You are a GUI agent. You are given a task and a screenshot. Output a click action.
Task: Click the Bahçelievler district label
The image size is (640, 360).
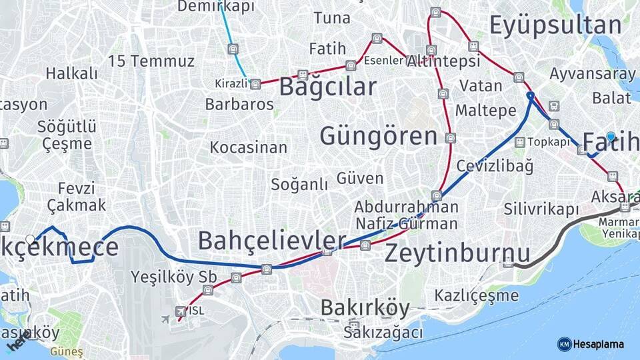pos(272,241)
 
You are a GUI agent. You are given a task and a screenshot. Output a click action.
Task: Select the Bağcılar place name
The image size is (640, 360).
pos(327,87)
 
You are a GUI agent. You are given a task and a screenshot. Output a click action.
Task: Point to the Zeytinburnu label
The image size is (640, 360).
pos(457,253)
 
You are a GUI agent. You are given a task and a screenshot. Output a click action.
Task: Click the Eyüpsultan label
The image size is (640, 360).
pos(555,25)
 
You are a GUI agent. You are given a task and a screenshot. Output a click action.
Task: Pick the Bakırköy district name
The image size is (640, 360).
pos(365,307)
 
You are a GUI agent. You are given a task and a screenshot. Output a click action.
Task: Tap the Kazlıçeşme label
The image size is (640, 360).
pos(476,295)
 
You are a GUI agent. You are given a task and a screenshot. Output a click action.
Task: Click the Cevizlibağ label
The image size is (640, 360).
pos(495,166)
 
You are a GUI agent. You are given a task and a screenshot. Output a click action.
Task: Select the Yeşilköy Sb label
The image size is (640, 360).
pos(171,276)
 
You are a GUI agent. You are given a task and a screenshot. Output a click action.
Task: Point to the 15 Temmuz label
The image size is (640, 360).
pos(151,61)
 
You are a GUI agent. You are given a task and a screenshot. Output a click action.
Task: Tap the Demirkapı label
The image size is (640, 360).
pos(216,7)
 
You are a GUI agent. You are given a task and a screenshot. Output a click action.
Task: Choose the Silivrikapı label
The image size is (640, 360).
pos(541,209)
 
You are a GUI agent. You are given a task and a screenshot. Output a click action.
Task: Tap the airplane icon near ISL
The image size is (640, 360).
pos(165,318)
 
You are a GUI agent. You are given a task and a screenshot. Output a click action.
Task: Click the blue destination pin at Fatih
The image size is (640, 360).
pos(611,137)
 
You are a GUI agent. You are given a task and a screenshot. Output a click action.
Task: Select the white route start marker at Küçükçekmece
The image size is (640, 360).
pos(30,239)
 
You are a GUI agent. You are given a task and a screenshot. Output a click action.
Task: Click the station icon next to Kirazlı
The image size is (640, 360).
pos(255,84)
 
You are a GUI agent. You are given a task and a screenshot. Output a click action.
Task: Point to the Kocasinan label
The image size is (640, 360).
pos(248,147)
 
